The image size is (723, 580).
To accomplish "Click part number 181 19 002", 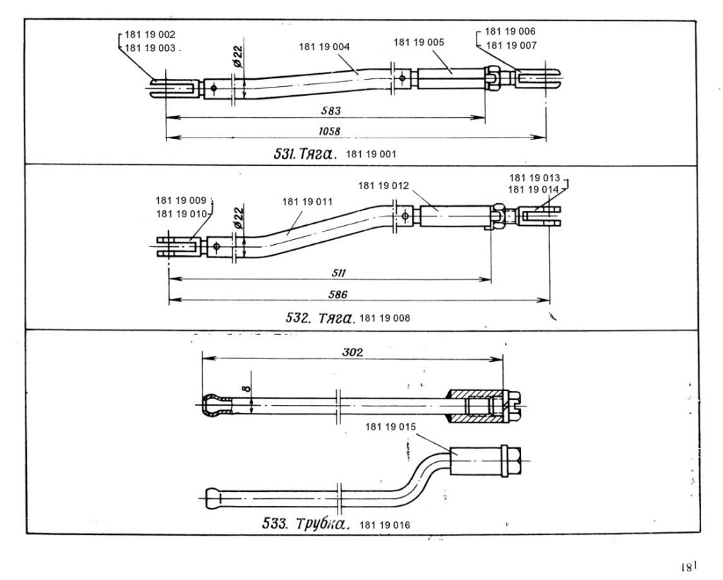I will pos(150,35).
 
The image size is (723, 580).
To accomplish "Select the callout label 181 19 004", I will pos(325,47).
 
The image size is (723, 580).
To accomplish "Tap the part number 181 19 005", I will pos(419,42).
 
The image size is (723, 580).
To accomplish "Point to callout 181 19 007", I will pos(510,45).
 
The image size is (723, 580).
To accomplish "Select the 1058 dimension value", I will pos(329,131).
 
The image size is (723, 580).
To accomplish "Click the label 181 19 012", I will pos(383,186).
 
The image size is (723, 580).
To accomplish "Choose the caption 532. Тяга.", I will pos(319,318).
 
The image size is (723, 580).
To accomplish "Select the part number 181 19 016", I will pos(384,525).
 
